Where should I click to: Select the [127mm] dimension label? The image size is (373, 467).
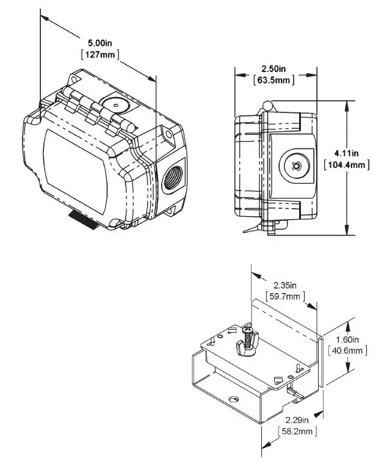100,54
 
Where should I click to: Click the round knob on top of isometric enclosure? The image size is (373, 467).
114,104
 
